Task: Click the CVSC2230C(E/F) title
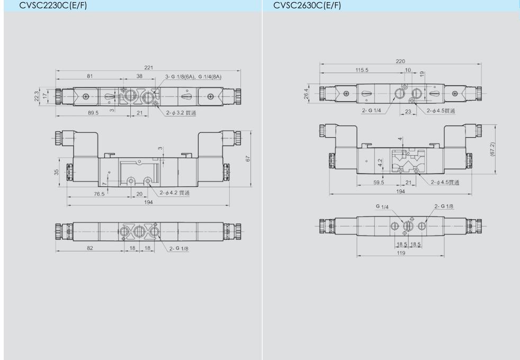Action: (53, 5)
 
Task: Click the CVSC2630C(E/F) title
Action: (307, 5)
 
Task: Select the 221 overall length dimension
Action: (149, 67)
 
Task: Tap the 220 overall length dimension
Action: (400, 61)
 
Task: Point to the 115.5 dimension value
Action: (362, 70)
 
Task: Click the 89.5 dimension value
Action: (93, 113)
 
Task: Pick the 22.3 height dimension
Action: (37, 96)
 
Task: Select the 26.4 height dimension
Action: (306, 94)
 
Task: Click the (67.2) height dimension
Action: (492, 149)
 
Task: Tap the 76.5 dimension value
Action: (99, 194)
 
